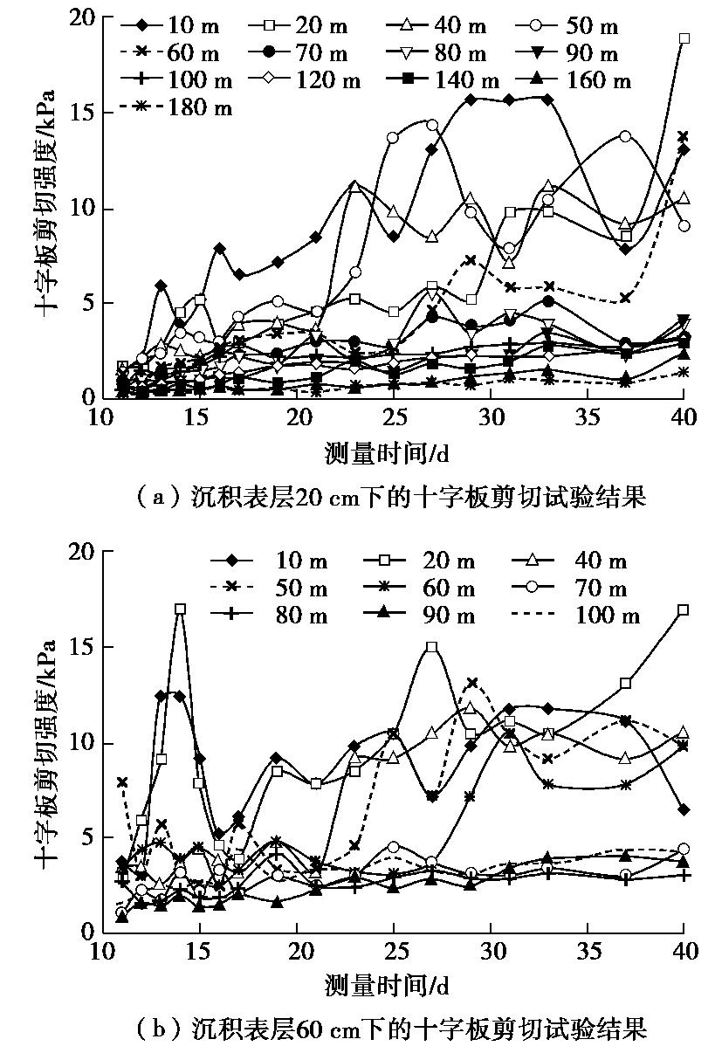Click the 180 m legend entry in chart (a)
pos(178,107)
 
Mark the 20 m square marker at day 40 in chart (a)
pos(684,38)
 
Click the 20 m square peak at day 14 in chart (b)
pos(180,609)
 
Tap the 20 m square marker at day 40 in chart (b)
pos(684,609)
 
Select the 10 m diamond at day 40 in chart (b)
pos(684,809)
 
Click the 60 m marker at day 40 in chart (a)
pos(684,136)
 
